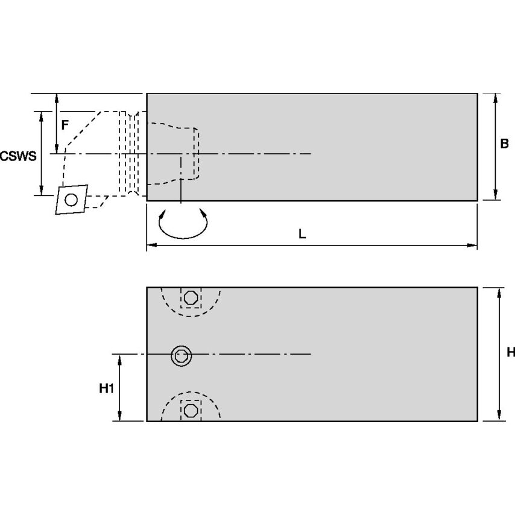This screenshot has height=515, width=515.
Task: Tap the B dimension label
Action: [x=504, y=144]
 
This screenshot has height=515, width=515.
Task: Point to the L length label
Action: [x=302, y=234]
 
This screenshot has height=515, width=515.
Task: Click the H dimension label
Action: [x=510, y=352]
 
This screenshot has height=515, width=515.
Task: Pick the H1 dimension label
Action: [x=106, y=389]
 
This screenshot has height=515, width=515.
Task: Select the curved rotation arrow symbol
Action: [x=183, y=224]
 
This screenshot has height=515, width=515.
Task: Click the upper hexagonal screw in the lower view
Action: [x=191, y=298]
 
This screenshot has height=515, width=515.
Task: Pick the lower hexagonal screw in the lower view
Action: [x=191, y=410]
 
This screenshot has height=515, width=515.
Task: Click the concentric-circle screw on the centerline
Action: [x=180, y=355]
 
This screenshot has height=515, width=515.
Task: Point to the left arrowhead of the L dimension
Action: [x=151, y=245]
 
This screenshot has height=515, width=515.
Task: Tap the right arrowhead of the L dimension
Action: [x=473, y=245]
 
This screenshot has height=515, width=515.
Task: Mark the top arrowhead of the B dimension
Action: [x=496, y=98]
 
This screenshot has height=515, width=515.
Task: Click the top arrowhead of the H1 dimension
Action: [x=119, y=359]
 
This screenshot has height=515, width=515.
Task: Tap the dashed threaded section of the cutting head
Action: [x=129, y=153]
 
